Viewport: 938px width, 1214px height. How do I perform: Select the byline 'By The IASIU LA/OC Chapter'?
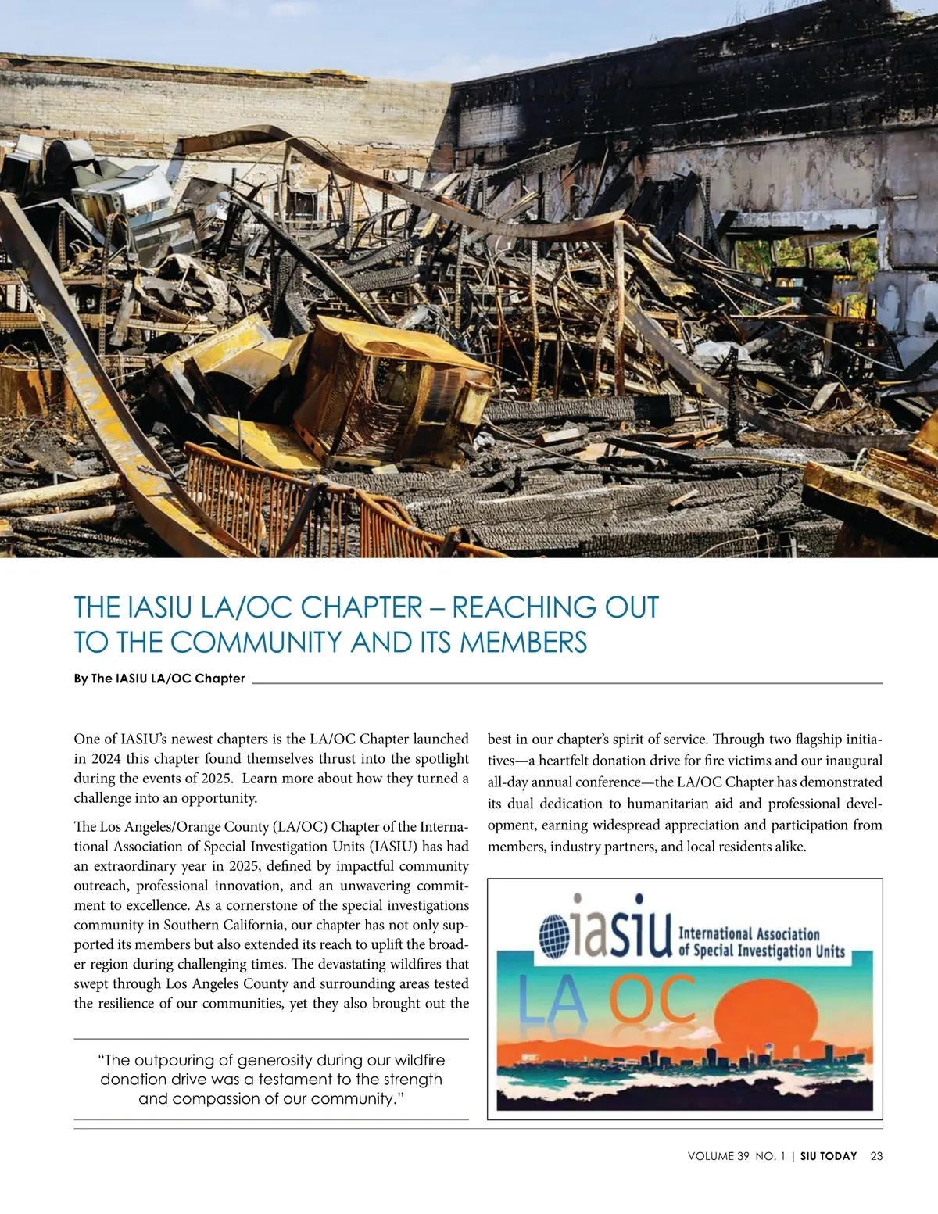pos(159,679)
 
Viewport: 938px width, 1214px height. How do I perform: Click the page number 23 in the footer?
pos(876,1156)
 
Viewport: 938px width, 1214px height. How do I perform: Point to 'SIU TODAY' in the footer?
pos(829,1156)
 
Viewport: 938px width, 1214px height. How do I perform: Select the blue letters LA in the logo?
pos(553,1001)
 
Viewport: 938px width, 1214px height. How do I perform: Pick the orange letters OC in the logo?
pos(653,1000)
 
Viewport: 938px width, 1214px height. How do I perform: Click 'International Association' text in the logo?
pos(749,933)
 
